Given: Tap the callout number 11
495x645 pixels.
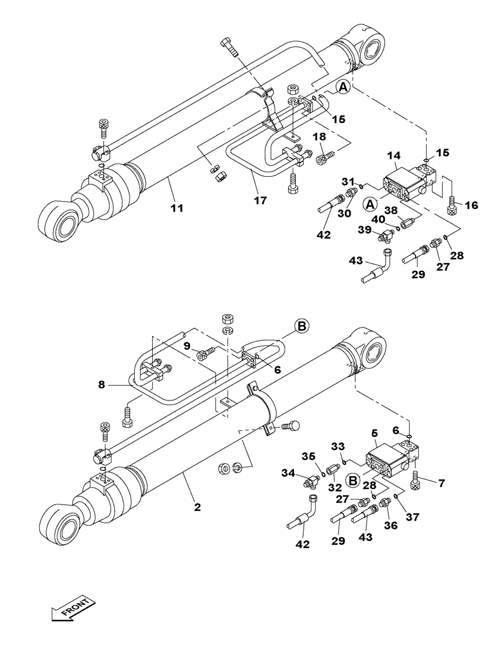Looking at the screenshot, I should [x=177, y=208].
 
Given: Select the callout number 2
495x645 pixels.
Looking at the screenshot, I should [x=197, y=507].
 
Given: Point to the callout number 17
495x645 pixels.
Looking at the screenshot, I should [x=260, y=201].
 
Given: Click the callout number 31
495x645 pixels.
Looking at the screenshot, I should [x=349, y=181].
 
